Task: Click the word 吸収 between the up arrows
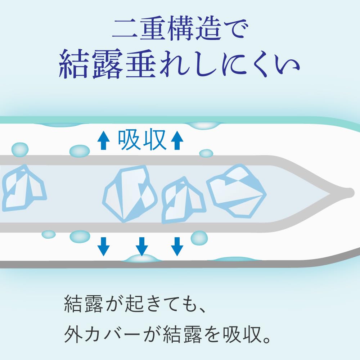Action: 142,140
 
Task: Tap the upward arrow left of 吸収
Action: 103,140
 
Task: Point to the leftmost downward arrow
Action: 104,246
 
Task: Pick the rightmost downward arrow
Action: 176,246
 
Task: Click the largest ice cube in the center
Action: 130,193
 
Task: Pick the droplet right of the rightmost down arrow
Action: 199,238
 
